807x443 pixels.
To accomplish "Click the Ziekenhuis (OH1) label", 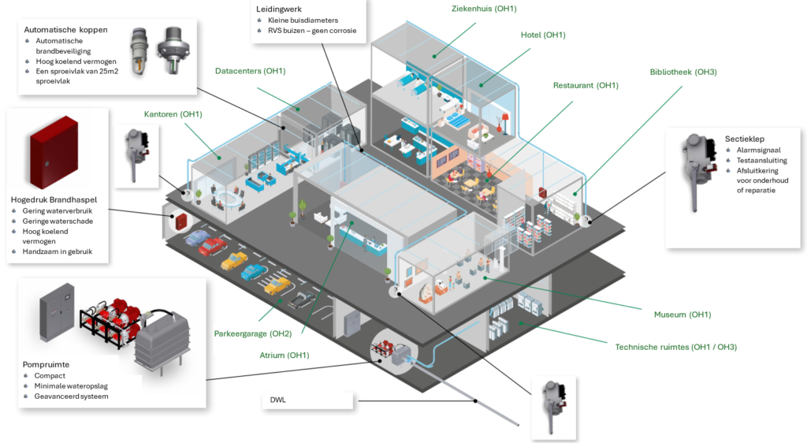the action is (484, 9).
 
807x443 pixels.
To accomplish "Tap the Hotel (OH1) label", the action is (543, 35).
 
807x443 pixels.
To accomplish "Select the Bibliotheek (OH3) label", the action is (683, 72).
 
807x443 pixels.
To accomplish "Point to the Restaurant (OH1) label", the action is (586, 85).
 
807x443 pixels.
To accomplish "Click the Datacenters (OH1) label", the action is (250, 71).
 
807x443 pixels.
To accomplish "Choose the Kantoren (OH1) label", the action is (173, 114).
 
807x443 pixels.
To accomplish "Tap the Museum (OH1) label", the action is (682, 315).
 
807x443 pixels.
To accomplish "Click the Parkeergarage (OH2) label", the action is (253, 333).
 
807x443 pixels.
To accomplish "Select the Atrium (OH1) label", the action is (284, 355).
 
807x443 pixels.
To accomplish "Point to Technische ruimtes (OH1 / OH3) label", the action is (675, 347).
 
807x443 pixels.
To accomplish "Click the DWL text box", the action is (307, 400).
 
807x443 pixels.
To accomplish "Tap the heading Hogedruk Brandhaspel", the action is (54, 199).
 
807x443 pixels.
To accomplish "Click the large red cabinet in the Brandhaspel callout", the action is (54, 152).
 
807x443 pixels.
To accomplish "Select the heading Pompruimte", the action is (46, 364).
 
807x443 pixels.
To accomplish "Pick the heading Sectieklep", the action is (744, 139).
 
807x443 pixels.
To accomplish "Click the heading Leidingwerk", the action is (279, 9).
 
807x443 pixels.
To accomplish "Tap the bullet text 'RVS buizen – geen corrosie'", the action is (312, 31).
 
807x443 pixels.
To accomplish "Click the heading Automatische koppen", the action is (66, 30).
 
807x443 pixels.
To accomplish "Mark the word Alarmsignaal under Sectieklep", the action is (758, 151).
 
